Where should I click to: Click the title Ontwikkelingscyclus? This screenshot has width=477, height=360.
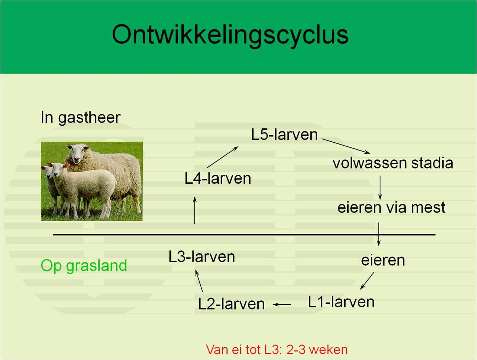coord(230,35)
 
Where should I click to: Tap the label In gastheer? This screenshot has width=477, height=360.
coord(81,118)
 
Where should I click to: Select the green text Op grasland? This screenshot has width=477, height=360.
coord(84,266)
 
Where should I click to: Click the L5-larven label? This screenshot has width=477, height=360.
coord(284,135)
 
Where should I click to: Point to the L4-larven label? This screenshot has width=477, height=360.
coord(218,179)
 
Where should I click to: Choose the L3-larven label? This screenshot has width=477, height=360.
coord(202,257)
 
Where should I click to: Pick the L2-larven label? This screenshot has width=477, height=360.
coord(231,304)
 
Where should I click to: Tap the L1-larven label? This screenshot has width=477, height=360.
coord(341,302)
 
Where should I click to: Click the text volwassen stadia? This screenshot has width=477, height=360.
coord(393,163)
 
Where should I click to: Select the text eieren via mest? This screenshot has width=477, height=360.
coord(391,207)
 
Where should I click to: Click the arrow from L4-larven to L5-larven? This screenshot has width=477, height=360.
coord(222,157)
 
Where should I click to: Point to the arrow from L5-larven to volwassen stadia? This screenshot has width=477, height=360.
coord(346,146)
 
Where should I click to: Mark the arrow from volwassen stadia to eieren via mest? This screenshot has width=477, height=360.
coord(380,188)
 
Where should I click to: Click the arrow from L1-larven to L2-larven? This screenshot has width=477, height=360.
coord(282,305)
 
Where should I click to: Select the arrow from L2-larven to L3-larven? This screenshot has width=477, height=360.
coord(199,281)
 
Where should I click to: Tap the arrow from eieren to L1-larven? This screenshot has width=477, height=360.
coord(367,281)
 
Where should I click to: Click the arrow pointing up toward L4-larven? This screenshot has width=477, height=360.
coord(195,210)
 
